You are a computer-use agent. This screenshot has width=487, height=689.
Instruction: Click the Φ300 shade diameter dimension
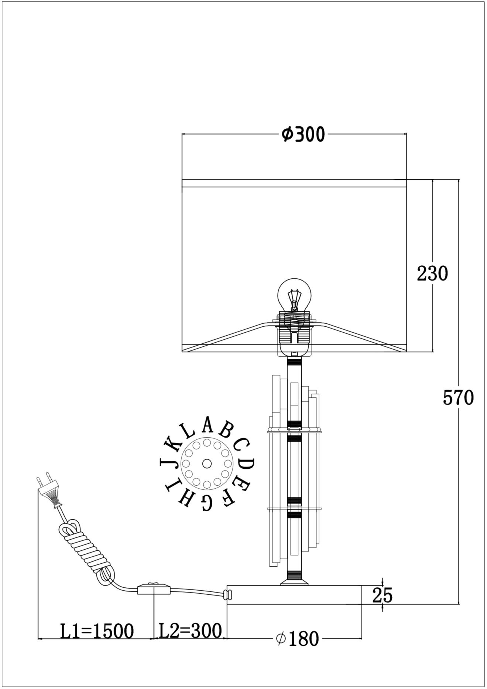pos(303,135)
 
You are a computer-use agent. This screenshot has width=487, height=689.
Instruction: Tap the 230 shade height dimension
pos(432,274)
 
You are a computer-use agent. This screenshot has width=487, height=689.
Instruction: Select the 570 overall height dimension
pos(458,398)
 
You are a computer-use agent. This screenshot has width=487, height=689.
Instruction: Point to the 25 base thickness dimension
pos(382,595)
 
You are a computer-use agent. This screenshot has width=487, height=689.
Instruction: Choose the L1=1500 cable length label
pos(97,631)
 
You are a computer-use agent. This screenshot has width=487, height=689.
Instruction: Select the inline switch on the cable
pos(154,589)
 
